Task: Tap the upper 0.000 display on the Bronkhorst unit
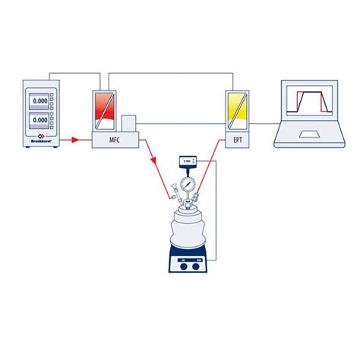[x=40, y=99]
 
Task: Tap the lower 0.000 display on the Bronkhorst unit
[x=40, y=119]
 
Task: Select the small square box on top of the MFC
[x=128, y=123]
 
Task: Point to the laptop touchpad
[x=310, y=135]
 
